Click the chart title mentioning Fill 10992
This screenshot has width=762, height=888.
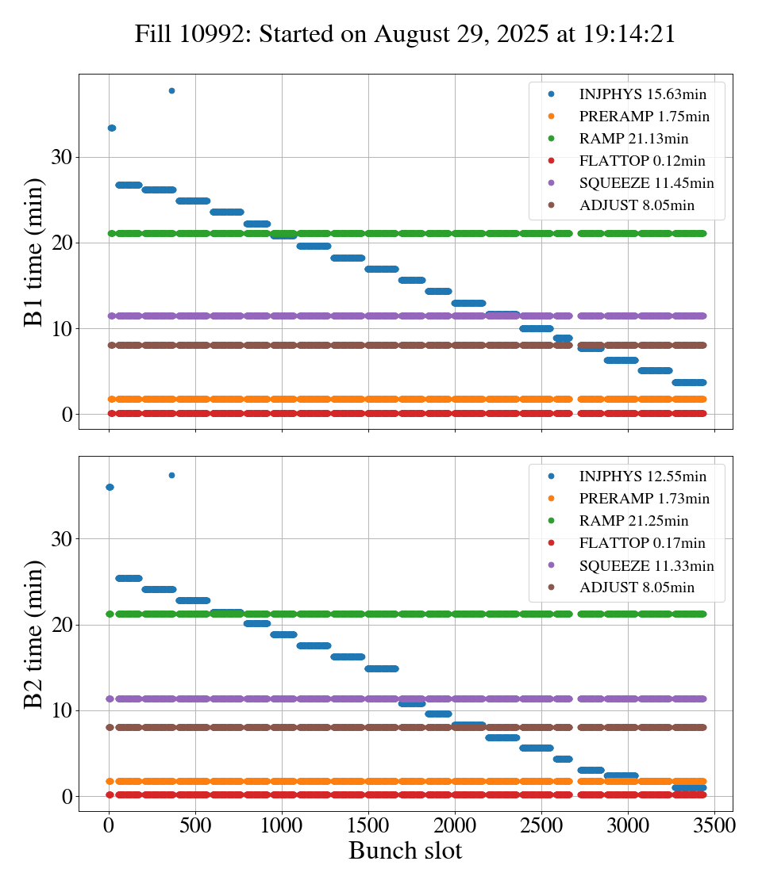(x=405, y=34)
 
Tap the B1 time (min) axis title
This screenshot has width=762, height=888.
(x=34, y=252)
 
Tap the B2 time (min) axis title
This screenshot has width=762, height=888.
(x=34, y=633)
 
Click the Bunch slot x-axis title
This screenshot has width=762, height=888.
(x=405, y=851)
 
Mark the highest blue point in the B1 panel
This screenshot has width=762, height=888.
(x=171, y=90)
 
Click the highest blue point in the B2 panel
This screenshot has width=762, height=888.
(x=171, y=475)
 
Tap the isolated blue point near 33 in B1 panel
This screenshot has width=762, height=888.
(x=112, y=128)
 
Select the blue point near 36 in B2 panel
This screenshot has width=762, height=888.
(x=110, y=487)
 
